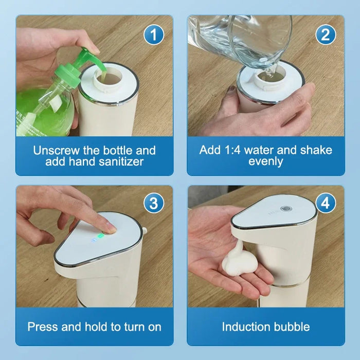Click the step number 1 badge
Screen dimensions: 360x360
154,35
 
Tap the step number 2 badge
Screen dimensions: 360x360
326,35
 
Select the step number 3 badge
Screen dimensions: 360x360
154,203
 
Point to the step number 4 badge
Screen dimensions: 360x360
326,203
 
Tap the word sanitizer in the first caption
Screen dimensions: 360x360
121,161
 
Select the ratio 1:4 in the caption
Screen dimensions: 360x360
232,150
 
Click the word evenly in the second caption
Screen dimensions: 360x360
266,161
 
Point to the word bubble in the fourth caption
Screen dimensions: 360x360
292,327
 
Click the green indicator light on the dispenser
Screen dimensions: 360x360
100,236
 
